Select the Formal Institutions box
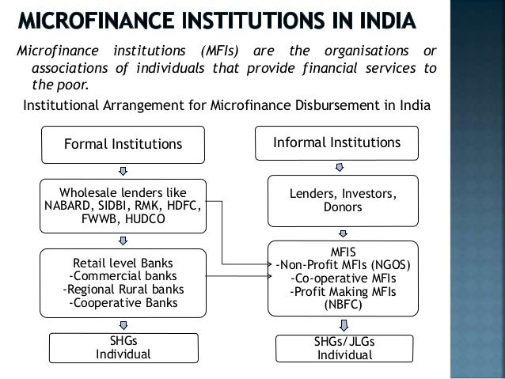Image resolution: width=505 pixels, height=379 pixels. [123, 145]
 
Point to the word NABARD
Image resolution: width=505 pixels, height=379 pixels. [68, 207]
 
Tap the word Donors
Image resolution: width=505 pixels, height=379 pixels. [344, 207]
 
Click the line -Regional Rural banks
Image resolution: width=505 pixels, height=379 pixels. [123, 289]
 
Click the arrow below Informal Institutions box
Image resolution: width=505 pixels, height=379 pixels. [340, 166]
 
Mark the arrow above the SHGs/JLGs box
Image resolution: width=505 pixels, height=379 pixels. [344, 324]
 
